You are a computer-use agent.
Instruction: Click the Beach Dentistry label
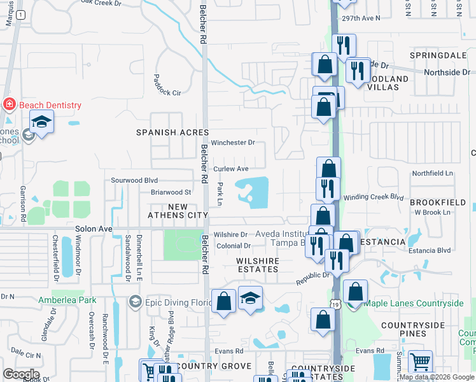[50, 105]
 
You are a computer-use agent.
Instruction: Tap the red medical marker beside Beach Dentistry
[10, 104]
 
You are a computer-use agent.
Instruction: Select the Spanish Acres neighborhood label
[164, 132]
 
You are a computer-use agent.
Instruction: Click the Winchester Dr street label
[233, 143]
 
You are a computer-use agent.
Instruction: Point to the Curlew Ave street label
[230, 169]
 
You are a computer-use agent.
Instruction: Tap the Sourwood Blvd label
[134, 180]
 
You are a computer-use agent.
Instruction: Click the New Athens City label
[179, 211]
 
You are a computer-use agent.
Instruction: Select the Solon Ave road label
[94, 229]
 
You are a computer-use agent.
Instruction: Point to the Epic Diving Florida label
[171, 301]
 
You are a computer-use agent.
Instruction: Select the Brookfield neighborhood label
[438, 202]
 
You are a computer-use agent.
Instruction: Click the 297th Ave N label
[360, 18]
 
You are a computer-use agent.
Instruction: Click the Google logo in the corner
[22, 374]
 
